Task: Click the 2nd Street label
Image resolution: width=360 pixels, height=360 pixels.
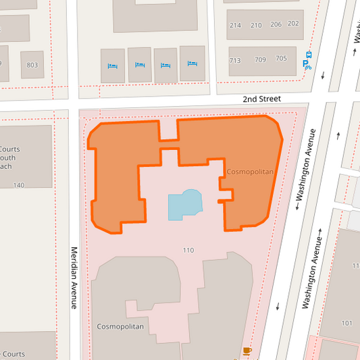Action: pyautogui.click(x=261, y=99)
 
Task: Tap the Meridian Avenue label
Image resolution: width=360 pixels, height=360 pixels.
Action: pyautogui.click(x=75, y=278)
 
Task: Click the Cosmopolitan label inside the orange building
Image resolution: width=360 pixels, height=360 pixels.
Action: pyautogui.click(x=250, y=172)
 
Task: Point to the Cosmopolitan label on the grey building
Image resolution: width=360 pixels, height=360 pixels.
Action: pyautogui.click(x=120, y=326)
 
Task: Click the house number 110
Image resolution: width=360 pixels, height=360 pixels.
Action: pyautogui.click(x=188, y=251)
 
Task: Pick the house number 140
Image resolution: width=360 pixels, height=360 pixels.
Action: pyautogui.click(x=18, y=185)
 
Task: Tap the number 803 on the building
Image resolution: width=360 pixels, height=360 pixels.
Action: pyautogui.click(x=32, y=65)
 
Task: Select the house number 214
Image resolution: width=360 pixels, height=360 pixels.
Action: pyautogui.click(x=235, y=25)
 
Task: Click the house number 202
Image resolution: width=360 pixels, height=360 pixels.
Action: pyautogui.click(x=293, y=24)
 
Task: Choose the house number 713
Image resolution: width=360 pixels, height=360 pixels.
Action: pyautogui.click(x=235, y=60)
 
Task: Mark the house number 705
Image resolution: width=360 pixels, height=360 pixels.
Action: pyautogui.click(x=281, y=59)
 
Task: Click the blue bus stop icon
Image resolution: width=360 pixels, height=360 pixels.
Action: pyautogui.click(x=309, y=55)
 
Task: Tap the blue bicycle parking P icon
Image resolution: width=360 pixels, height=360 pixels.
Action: pyautogui.click(x=307, y=66)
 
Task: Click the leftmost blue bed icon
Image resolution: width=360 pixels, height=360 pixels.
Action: pyautogui.click(x=112, y=66)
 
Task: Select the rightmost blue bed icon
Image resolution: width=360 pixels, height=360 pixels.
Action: pyautogui.click(x=192, y=63)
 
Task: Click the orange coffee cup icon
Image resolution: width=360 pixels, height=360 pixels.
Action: pyautogui.click(x=247, y=351)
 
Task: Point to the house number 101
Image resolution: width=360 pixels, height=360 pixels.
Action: pyautogui.click(x=347, y=323)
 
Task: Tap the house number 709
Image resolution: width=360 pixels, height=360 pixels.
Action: pyautogui.click(x=260, y=59)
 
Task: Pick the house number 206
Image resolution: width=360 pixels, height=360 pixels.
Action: pyautogui.click(x=276, y=24)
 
